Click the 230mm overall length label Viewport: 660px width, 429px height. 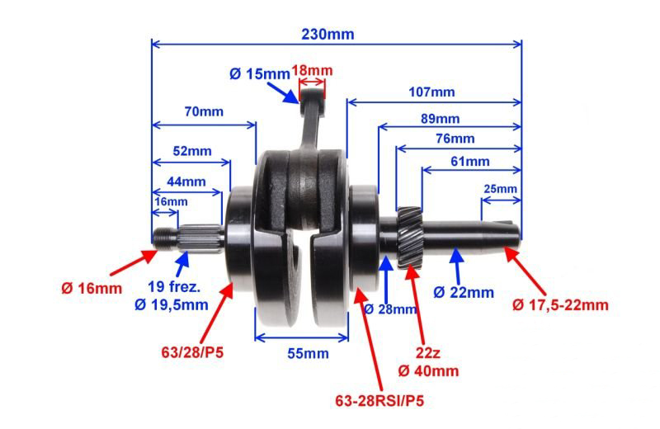tap(328, 34)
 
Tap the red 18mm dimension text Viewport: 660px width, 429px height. tap(312, 70)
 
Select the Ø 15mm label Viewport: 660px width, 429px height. tap(260, 74)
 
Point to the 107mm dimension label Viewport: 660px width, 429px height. tap(431, 92)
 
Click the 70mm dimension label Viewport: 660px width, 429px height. tap(204, 111)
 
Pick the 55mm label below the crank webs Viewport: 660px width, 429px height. tap(308, 353)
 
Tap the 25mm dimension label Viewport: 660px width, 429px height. tap(500, 189)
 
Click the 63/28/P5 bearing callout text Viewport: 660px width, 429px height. tap(192, 352)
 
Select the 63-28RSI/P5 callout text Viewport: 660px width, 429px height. tap(379, 401)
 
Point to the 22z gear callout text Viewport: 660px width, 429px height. tap(427, 352)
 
